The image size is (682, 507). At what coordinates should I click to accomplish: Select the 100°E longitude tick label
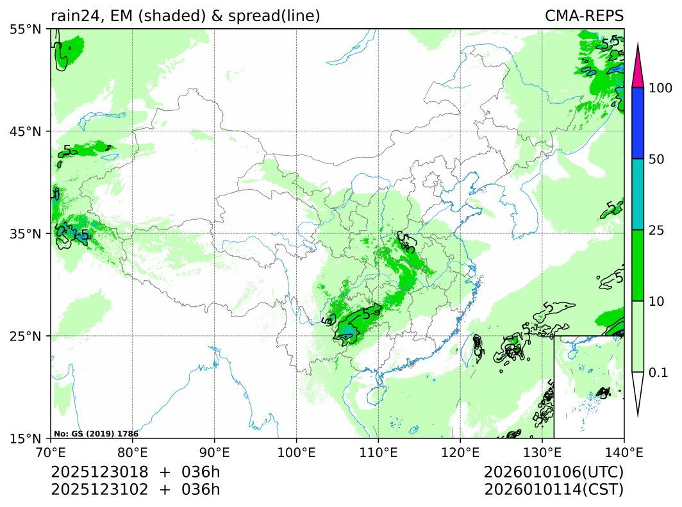[x=296, y=451]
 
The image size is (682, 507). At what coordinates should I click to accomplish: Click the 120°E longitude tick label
[x=460, y=451]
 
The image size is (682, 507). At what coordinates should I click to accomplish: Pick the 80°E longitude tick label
[x=133, y=451]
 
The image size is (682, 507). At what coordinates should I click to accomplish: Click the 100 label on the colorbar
[x=660, y=88]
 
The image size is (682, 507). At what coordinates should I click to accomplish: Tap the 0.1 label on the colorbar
[x=658, y=372]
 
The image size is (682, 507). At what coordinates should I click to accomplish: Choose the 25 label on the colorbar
[x=656, y=230]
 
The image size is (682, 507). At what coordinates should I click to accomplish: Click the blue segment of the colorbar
[x=637, y=123]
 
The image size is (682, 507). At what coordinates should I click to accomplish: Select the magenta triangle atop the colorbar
[x=637, y=71]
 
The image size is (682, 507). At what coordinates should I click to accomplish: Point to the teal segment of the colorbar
[x=637, y=194]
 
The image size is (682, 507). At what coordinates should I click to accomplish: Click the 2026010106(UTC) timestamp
[x=554, y=472]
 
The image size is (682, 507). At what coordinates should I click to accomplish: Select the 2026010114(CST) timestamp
[x=554, y=490]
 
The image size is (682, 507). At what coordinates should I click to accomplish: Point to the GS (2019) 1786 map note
[x=96, y=434]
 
